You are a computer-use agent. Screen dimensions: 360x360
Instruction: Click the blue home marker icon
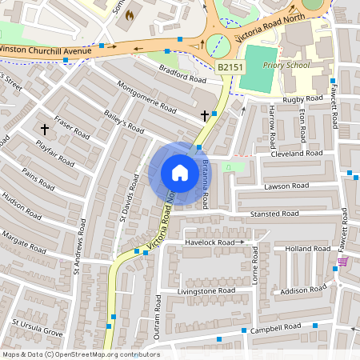(180, 172)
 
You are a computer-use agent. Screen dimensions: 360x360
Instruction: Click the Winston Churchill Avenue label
(45, 50)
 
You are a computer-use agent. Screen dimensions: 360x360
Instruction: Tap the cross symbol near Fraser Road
(45, 128)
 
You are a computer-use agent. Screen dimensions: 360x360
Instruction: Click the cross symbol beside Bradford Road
(205, 116)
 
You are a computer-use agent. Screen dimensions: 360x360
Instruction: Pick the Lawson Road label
(286, 186)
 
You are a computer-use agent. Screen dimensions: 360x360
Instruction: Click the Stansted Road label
(274, 214)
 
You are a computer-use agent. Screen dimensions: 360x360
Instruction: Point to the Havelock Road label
(211, 242)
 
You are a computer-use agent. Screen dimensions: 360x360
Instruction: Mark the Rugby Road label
(304, 99)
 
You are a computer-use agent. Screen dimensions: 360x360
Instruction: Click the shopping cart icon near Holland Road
(342, 262)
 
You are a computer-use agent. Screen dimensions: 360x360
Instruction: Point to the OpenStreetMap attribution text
(70, 354)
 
